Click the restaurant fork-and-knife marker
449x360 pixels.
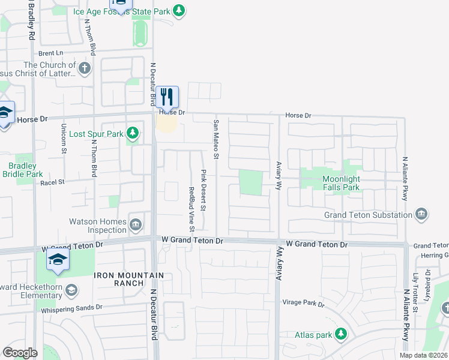coord(167,97)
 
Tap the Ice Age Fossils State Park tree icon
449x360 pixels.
coord(178,10)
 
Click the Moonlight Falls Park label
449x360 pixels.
coord(341,183)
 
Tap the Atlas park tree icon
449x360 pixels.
coord(341,333)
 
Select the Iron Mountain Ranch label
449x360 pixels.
coord(119,279)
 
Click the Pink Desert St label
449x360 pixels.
coord(203,190)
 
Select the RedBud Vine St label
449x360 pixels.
coord(191,209)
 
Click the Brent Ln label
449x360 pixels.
coord(51,53)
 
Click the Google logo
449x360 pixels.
coord(20,353)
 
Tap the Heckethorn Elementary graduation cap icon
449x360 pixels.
coord(71,290)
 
